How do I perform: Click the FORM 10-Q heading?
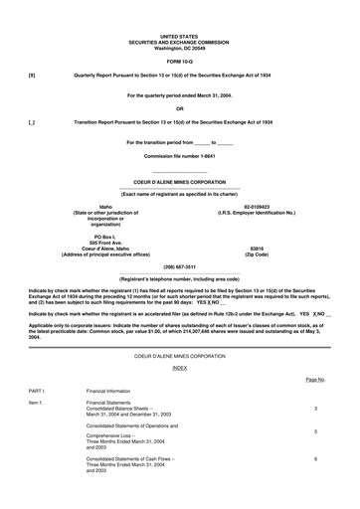click(179, 59)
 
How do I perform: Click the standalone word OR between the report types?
click(179, 107)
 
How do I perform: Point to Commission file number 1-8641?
click(179, 156)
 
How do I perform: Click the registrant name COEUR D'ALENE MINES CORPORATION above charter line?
click(179, 183)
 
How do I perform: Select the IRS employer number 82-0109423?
click(257, 206)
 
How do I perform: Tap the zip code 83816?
click(257, 249)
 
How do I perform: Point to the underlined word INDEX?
click(179, 367)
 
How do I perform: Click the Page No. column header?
click(315, 380)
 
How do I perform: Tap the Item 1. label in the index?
click(37, 403)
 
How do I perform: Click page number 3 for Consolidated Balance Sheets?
click(315, 409)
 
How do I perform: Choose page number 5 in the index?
click(315, 432)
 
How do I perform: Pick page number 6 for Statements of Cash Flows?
click(315, 459)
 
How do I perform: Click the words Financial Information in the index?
click(109, 392)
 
